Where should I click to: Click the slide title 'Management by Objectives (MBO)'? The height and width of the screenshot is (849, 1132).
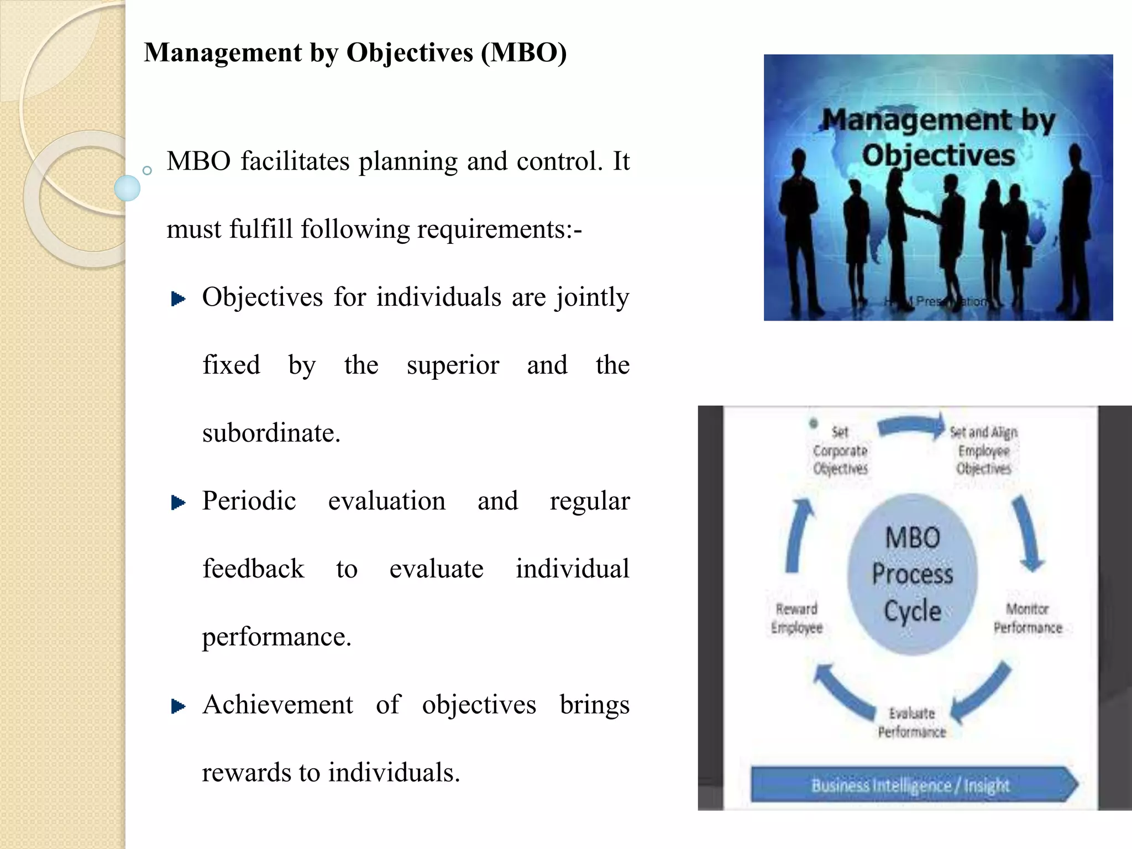(355, 53)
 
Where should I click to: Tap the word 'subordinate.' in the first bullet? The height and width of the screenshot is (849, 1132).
(271, 433)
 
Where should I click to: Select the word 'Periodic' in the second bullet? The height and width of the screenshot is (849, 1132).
(249, 501)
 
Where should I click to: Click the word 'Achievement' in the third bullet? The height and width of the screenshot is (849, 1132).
(277, 705)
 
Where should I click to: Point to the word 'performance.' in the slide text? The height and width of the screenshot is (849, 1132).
(276, 637)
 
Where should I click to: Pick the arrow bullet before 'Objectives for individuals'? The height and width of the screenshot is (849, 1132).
(178, 299)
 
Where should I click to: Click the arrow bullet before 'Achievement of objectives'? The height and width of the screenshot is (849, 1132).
(178, 706)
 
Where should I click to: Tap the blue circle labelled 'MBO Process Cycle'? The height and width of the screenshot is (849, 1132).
(912, 574)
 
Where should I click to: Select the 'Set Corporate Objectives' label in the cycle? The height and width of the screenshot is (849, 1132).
(840, 450)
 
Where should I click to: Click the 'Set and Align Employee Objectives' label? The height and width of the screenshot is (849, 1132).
(984, 450)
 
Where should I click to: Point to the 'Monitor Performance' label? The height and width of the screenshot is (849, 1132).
(1028, 618)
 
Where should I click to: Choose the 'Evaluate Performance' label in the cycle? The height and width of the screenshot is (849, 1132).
(912, 722)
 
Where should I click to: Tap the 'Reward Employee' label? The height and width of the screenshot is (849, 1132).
(796, 618)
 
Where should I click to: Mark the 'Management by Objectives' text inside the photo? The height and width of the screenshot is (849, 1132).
(939, 137)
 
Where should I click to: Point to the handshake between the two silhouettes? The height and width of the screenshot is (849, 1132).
(922, 213)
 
